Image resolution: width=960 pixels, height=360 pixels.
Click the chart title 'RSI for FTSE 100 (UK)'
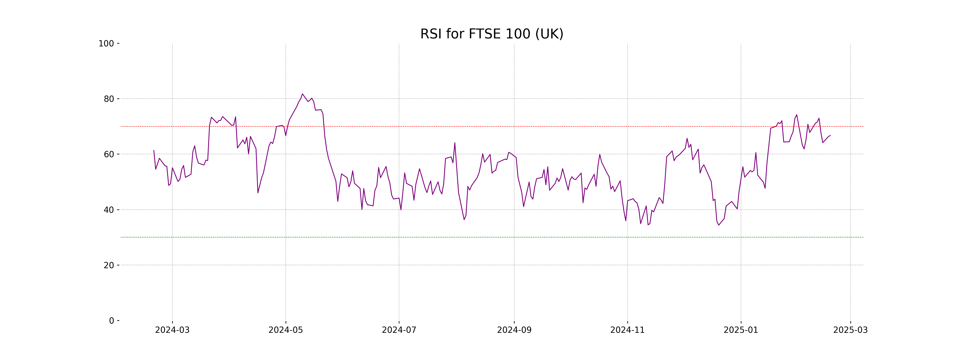[492, 34]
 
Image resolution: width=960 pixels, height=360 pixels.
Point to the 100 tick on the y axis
[106, 44]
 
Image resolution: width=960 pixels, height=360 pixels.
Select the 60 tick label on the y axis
[109, 154]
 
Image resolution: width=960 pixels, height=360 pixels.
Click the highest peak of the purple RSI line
[302, 94]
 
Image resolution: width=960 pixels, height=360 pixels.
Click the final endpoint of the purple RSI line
[830, 136]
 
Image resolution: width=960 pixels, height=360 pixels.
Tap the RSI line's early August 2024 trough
[464, 220]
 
